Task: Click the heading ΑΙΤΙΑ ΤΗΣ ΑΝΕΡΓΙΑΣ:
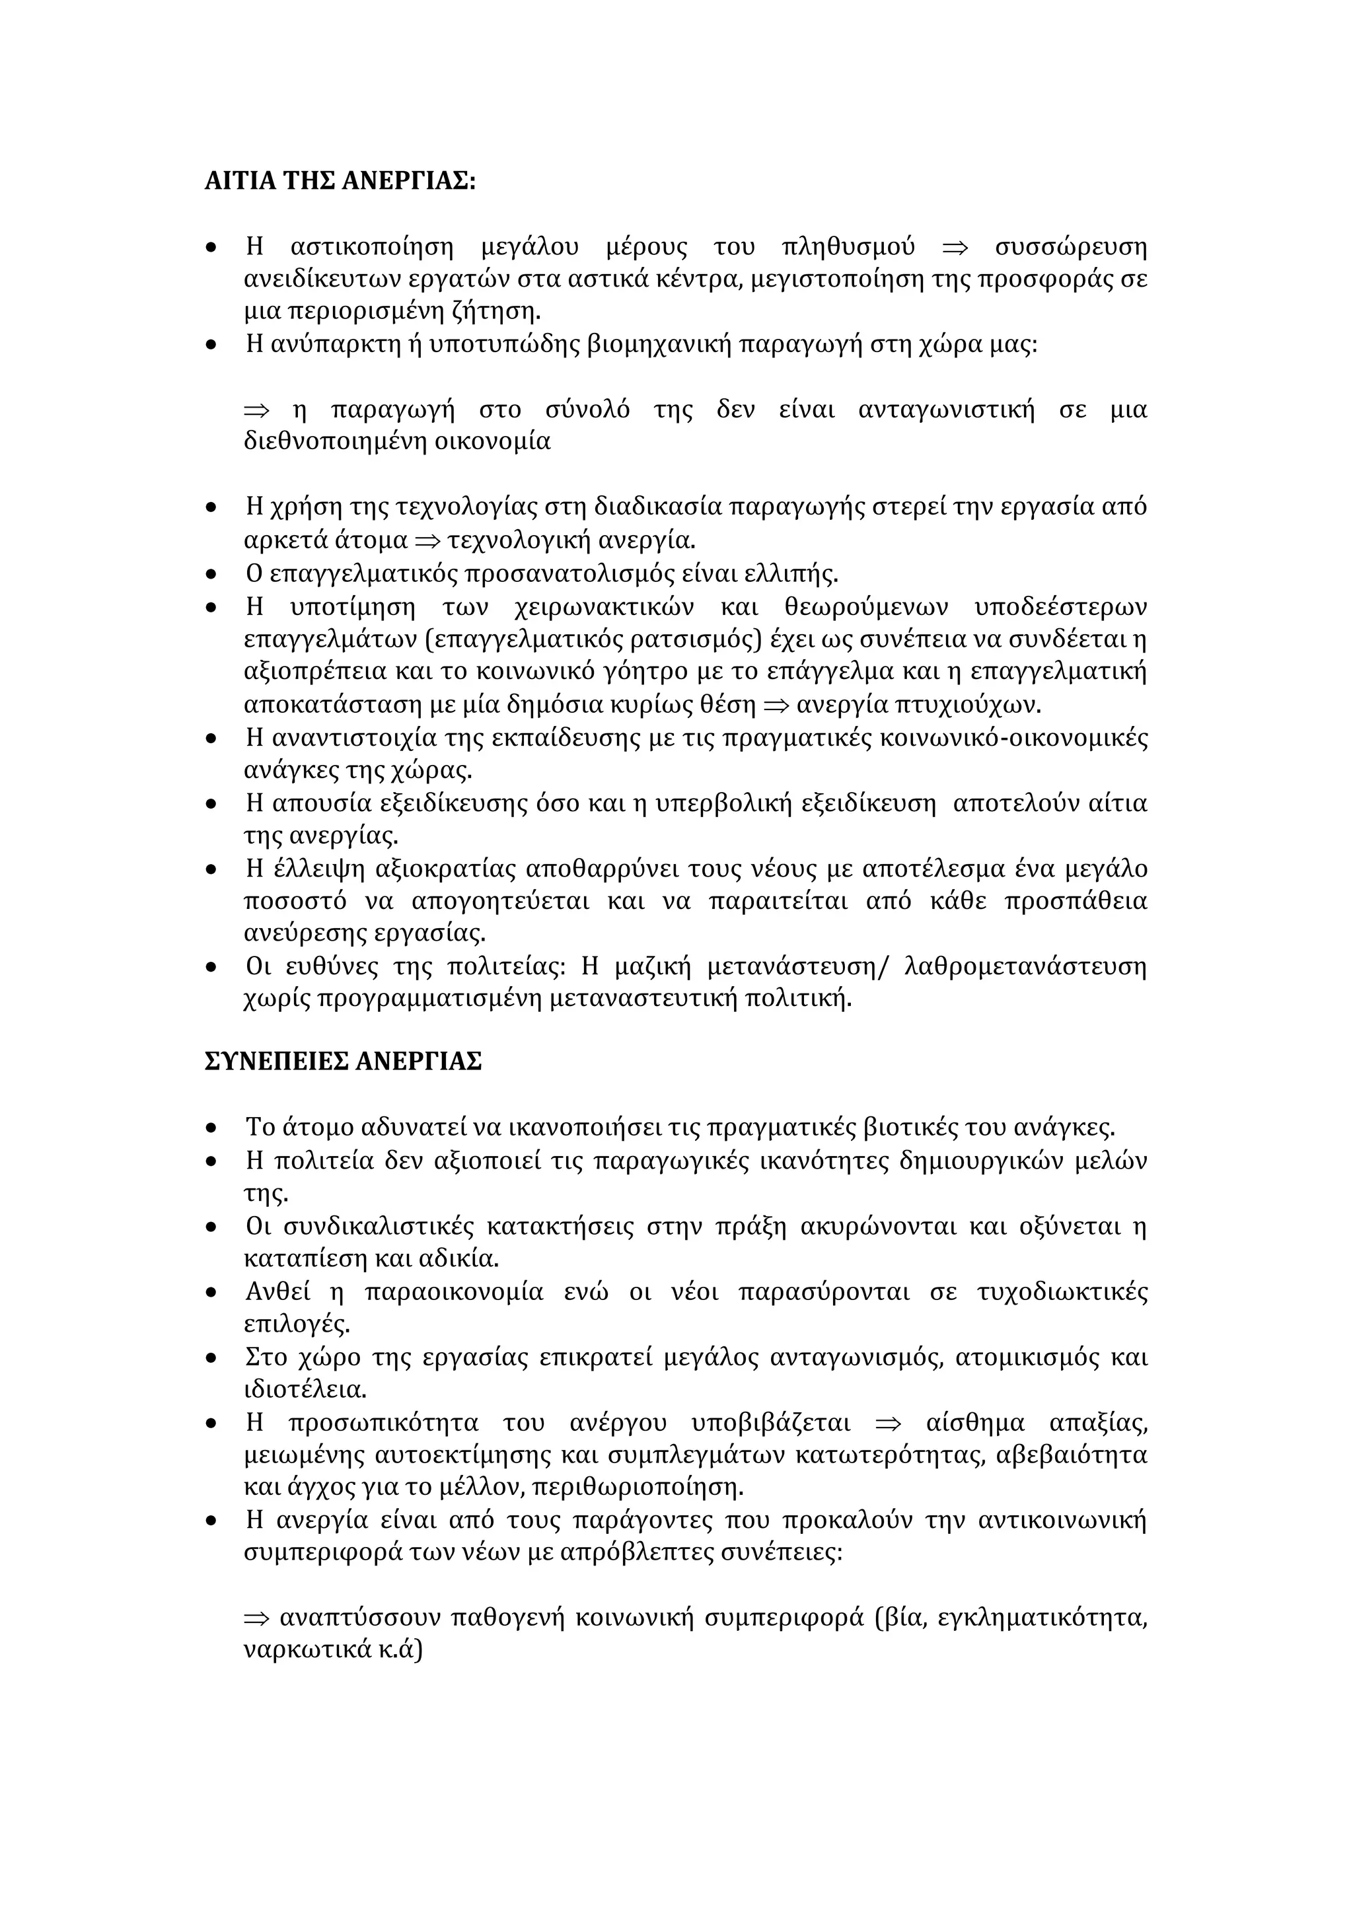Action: point(340,181)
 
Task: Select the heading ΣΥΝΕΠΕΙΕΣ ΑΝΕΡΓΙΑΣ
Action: point(344,1062)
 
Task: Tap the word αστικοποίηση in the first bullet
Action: point(373,248)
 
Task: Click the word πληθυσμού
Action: point(849,248)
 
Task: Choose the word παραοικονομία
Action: point(453,1292)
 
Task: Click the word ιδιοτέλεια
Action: point(305,1390)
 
